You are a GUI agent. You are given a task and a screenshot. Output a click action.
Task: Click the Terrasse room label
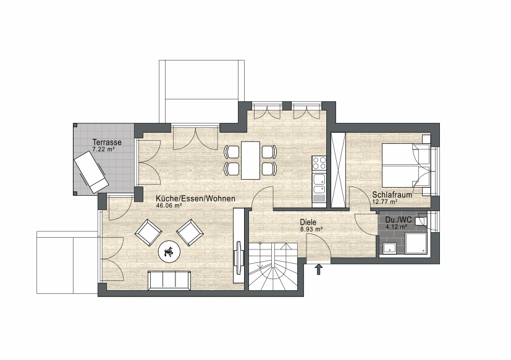[107, 143]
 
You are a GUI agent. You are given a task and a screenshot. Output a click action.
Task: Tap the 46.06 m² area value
[169, 206]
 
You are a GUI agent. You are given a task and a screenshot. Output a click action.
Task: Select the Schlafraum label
[392, 195]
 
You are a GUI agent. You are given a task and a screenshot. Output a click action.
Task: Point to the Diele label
[308, 222]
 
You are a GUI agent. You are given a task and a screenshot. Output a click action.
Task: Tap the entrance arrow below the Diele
[318, 269]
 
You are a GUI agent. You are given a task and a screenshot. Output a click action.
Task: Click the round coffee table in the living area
[169, 251]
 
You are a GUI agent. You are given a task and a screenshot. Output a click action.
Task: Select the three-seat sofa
[169, 280]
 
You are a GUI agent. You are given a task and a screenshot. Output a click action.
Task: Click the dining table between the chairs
[250, 160]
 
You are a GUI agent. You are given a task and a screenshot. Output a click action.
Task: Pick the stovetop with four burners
[319, 163]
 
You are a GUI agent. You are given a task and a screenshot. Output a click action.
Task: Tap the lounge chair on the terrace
[91, 173]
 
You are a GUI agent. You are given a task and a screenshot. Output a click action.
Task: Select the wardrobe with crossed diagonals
[338, 170]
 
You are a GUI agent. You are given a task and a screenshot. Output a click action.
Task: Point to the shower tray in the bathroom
[415, 243]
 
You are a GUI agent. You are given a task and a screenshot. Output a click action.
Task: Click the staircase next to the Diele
[273, 266]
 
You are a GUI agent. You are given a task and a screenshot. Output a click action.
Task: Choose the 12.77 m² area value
[384, 202]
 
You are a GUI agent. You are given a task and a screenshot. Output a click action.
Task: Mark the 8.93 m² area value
[311, 229]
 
